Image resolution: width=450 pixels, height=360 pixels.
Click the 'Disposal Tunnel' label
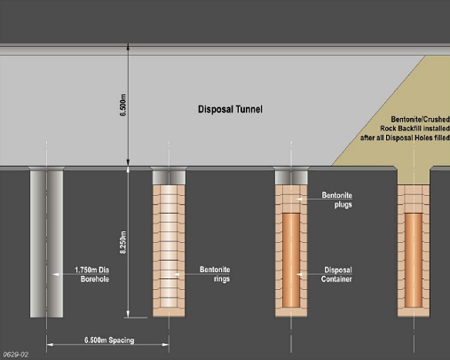(x=230, y=109)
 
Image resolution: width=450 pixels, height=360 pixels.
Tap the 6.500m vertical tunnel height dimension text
(x=123, y=105)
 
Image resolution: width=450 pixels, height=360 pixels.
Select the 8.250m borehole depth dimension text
(x=123, y=242)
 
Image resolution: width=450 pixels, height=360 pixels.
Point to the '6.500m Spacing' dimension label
(x=109, y=340)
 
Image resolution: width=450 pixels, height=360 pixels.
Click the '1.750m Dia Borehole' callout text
(x=91, y=274)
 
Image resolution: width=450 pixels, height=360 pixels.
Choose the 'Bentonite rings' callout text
(x=215, y=274)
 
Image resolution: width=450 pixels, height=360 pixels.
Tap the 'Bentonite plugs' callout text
(x=336, y=200)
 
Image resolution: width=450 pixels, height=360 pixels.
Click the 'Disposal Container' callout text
(x=336, y=275)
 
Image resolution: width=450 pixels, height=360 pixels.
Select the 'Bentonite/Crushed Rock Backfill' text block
(x=405, y=129)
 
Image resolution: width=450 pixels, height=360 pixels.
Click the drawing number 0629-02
(x=16, y=355)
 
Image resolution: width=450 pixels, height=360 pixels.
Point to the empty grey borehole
(x=46, y=244)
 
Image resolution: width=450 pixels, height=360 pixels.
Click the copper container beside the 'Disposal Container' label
(x=291, y=261)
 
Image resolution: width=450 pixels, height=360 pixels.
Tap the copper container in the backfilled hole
(x=414, y=261)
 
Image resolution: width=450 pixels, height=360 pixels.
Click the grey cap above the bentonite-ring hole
(x=169, y=177)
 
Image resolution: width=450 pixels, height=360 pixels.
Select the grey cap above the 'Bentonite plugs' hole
(x=291, y=177)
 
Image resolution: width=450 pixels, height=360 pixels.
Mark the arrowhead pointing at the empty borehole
(x=56, y=274)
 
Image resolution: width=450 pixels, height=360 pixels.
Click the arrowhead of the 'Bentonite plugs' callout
(x=299, y=200)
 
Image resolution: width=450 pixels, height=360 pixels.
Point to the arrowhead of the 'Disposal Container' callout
(x=299, y=274)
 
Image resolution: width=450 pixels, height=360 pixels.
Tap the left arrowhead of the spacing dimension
(x=50, y=344)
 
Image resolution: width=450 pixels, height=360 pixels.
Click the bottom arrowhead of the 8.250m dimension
(x=128, y=314)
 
